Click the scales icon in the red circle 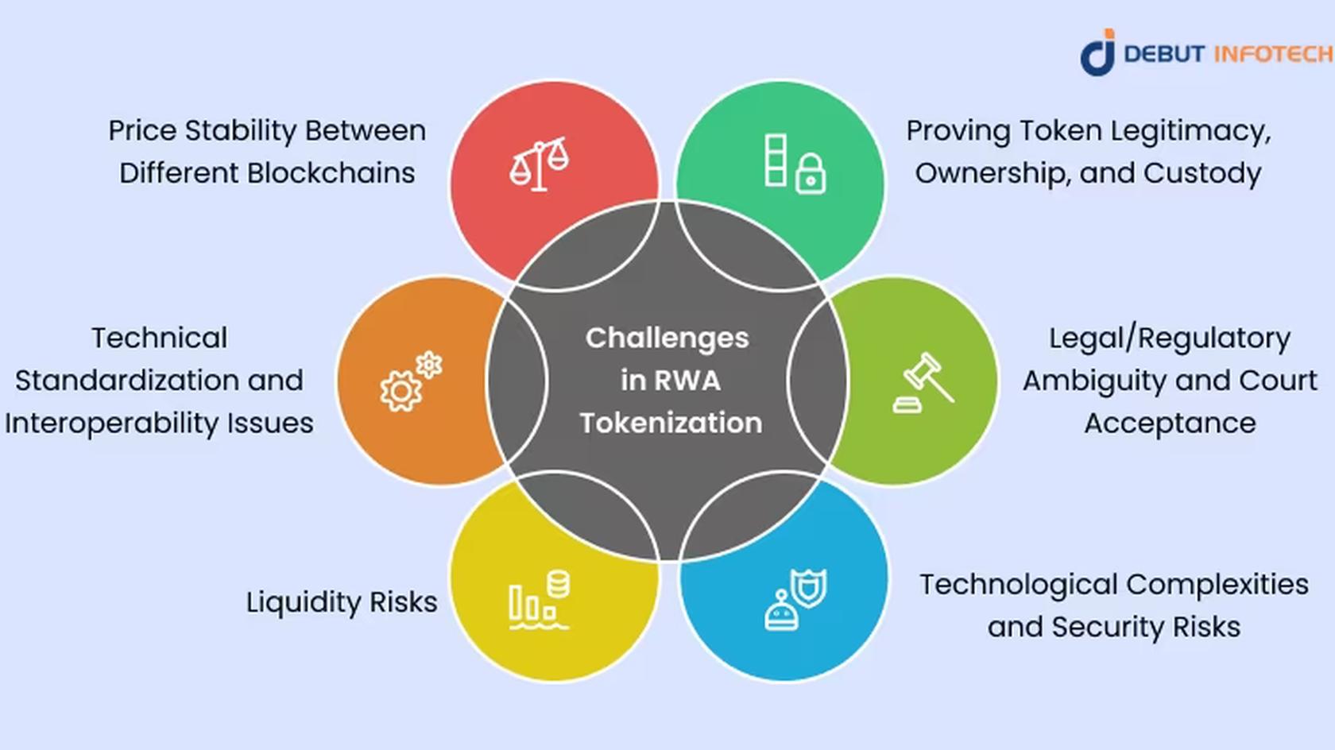click(539, 164)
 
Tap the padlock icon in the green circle click(811, 174)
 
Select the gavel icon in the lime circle click(923, 382)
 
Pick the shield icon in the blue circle click(809, 587)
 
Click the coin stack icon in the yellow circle click(559, 584)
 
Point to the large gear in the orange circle click(400, 391)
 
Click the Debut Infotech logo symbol click(1098, 52)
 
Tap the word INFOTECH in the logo click(1274, 54)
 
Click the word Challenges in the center click(667, 339)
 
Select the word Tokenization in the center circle click(671, 423)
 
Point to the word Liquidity click(303, 602)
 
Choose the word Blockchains click(331, 173)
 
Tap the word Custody click(1201, 174)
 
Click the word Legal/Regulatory click(1170, 339)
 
